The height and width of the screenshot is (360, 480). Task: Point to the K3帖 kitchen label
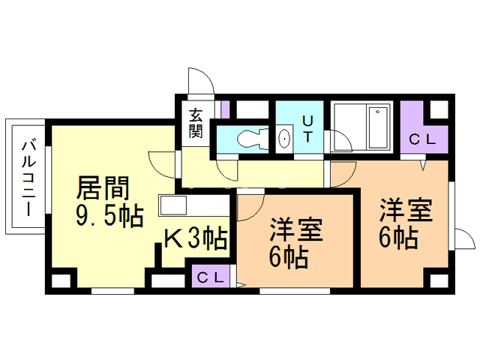click(196, 239)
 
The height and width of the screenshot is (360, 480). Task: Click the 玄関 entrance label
click(196, 124)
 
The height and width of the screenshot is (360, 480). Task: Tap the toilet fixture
click(247, 139)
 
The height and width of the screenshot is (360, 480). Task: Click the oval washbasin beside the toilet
click(285, 139)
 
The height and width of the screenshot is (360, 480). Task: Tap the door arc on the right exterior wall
click(465, 238)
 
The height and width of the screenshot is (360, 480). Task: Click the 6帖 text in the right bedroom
click(397, 238)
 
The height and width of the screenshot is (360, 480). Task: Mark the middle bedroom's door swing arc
click(250, 204)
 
